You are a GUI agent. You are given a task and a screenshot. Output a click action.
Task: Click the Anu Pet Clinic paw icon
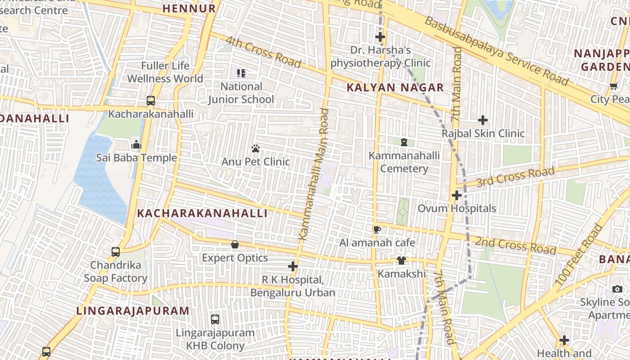256,148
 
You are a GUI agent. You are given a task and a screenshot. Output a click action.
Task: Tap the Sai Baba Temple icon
136,144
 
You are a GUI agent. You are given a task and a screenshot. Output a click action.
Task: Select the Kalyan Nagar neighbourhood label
395,88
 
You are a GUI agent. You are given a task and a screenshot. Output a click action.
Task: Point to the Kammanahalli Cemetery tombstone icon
404,142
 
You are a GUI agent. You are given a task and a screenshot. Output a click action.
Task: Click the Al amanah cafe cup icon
377,229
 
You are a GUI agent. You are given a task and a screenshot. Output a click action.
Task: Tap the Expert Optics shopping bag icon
234,245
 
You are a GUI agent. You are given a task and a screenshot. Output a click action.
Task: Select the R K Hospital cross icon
293,266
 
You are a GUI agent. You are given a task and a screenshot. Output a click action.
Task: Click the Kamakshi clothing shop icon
401,261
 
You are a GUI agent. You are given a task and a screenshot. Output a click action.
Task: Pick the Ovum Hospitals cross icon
457,195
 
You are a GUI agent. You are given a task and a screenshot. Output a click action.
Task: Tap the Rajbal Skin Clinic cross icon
483,120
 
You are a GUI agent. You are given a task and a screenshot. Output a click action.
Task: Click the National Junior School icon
241,73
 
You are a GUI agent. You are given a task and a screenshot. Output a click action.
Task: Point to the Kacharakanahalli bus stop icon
151,101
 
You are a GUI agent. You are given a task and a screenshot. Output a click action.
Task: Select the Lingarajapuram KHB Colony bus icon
215,319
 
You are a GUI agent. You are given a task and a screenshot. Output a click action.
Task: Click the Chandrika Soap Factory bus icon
116,252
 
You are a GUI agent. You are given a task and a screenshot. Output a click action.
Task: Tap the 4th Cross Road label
263,52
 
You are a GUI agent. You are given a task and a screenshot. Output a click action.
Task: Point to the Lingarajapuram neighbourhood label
133,311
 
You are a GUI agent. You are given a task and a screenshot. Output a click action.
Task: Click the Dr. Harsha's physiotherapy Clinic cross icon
380,37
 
